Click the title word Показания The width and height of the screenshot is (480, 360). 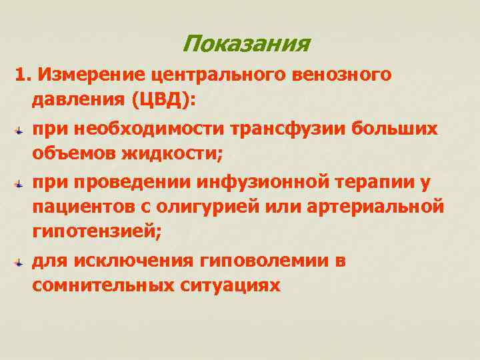point(245,45)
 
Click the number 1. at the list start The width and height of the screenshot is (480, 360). point(23,76)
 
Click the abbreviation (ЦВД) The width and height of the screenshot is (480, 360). point(163,101)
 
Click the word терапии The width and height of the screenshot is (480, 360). point(378,181)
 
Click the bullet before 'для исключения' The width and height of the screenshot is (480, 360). point(20,263)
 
